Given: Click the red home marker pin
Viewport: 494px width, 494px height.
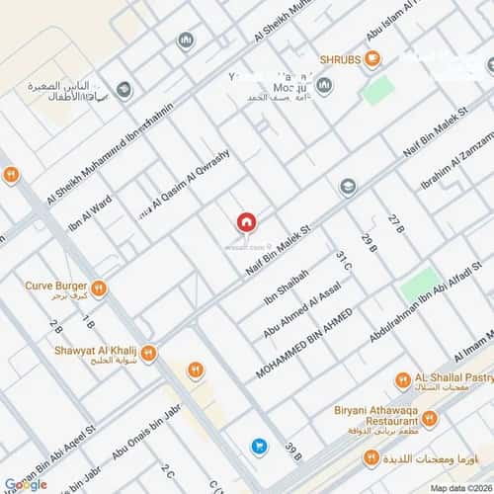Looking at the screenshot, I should click(x=246, y=224).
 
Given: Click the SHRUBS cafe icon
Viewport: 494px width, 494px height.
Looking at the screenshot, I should click(x=372, y=59).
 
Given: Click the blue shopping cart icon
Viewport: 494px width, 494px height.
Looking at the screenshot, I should click(x=259, y=447).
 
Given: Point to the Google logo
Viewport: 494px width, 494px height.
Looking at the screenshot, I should click(x=26, y=483).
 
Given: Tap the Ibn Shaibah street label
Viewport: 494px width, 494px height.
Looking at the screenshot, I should click(x=287, y=288).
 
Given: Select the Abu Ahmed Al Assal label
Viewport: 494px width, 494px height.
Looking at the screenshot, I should click(x=301, y=310).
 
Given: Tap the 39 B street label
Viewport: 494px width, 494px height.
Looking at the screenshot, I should click(x=292, y=453).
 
